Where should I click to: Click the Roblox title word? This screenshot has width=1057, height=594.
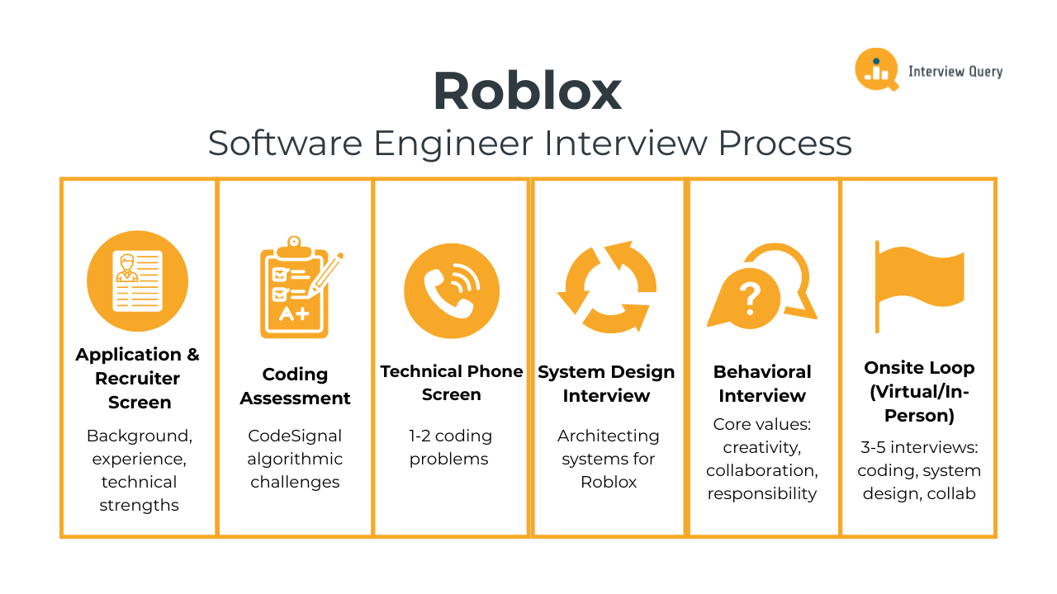point(528,92)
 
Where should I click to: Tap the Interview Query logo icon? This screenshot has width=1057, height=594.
point(875,69)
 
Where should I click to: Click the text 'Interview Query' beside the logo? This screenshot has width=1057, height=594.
point(955,72)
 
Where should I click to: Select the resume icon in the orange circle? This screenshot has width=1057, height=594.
point(138,281)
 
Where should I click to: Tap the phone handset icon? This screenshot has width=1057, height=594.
point(451,290)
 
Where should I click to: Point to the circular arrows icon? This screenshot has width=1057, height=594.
point(607,287)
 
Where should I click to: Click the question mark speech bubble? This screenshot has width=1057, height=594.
point(750,297)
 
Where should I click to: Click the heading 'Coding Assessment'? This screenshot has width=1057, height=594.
point(295,386)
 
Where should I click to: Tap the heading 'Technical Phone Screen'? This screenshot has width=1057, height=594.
point(452,383)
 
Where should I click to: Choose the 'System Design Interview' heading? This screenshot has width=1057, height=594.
point(606,384)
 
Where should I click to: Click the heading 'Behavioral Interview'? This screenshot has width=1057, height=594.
point(762,384)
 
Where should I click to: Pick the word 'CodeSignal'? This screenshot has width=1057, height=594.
point(295,436)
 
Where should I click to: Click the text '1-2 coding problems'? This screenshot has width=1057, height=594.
point(451,447)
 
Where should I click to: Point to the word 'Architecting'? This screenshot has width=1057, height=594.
point(608,436)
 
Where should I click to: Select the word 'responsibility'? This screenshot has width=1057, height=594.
point(761,493)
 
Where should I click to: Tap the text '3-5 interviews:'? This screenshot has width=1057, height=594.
point(918,447)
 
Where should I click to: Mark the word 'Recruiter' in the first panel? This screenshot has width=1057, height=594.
point(137,379)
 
